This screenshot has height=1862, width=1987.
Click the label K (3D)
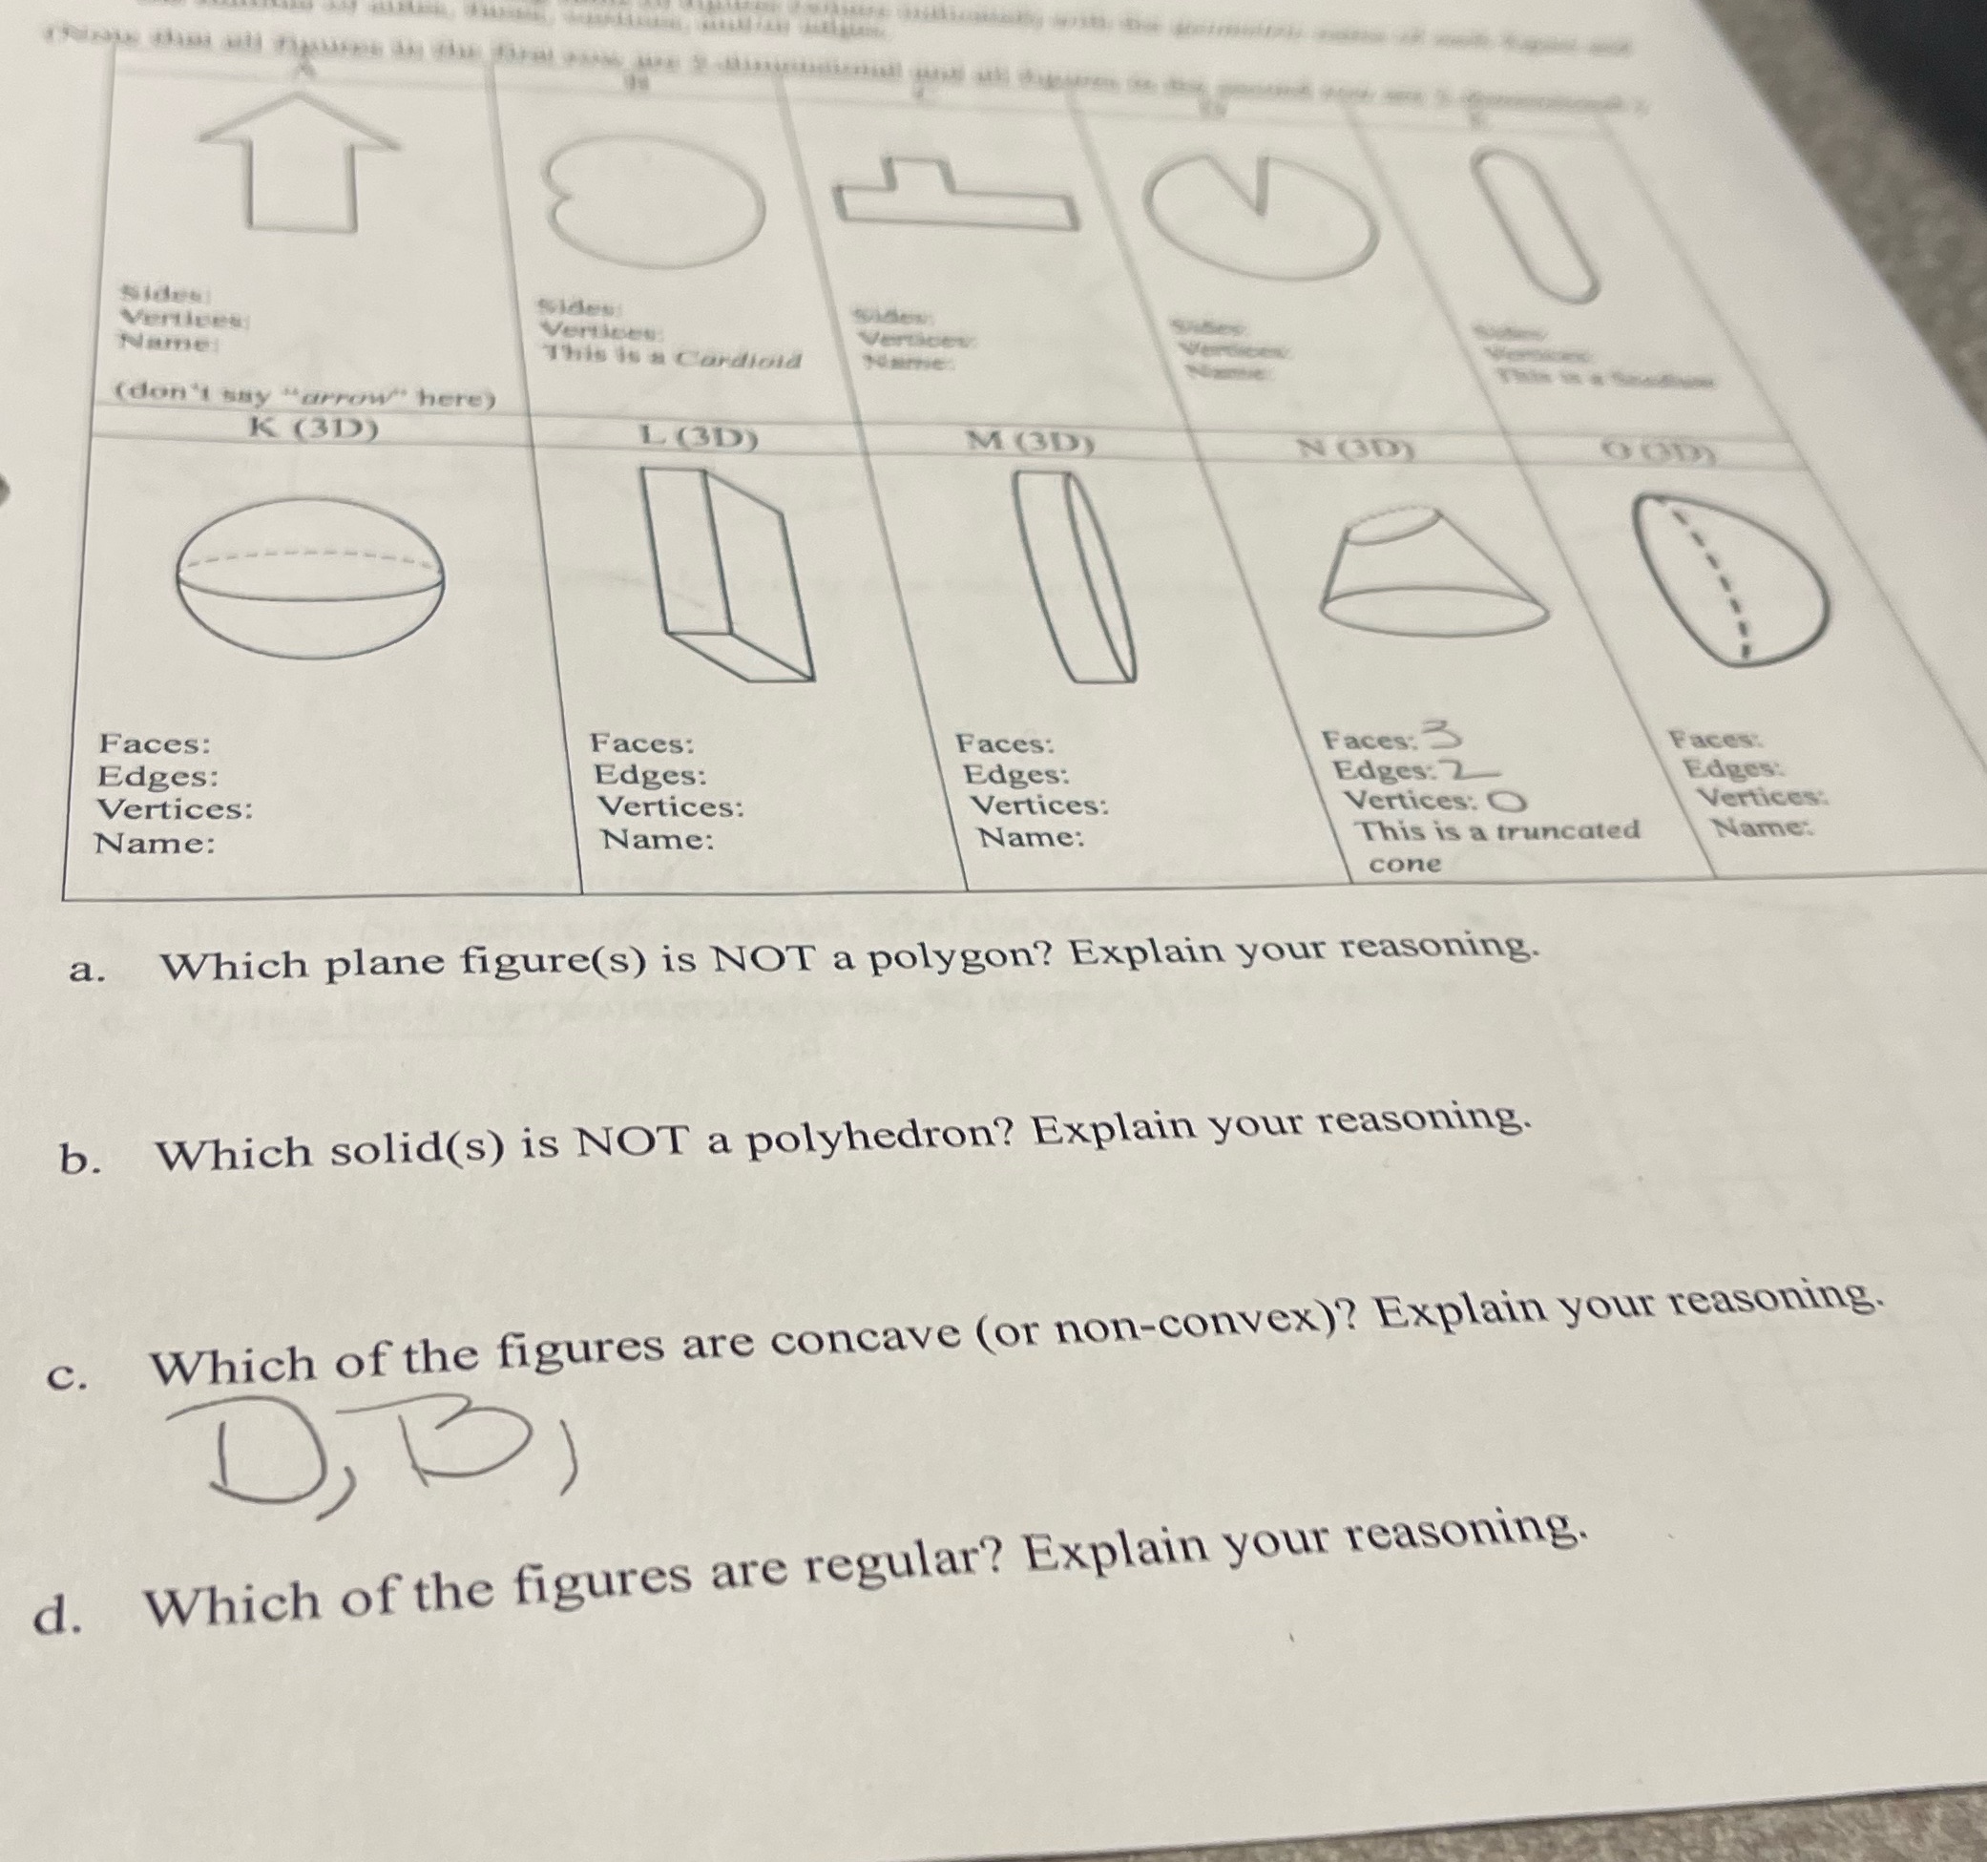pos(313,429)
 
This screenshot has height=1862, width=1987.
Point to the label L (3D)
pos(699,437)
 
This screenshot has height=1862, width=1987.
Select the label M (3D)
pos(1029,443)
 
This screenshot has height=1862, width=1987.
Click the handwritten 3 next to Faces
pos(1443,736)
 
